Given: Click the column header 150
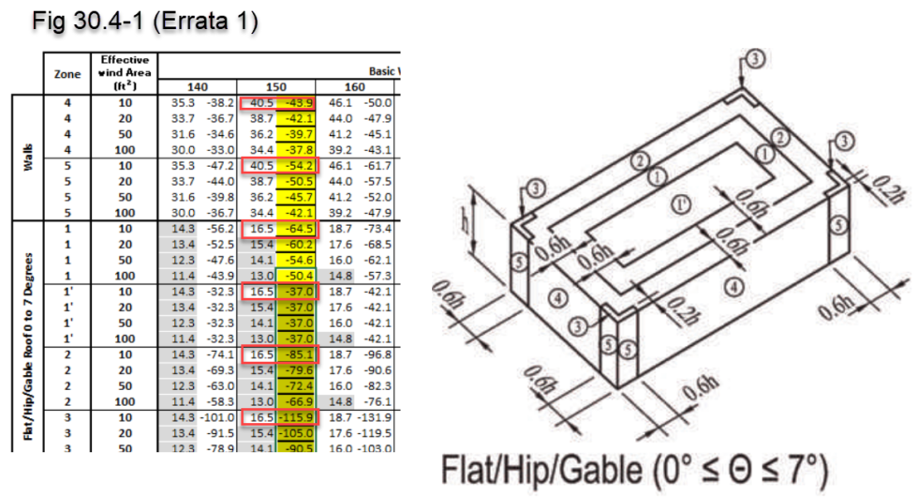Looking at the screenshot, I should pyautogui.click(x=278, y=85).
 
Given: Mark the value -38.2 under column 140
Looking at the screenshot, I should pyautogui.click(x=218, y=102).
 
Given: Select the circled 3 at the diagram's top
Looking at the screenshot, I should pyautogui.click(x=756, y=58).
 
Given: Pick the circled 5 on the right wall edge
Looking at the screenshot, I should pyautogui.click(x=839, y=225).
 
